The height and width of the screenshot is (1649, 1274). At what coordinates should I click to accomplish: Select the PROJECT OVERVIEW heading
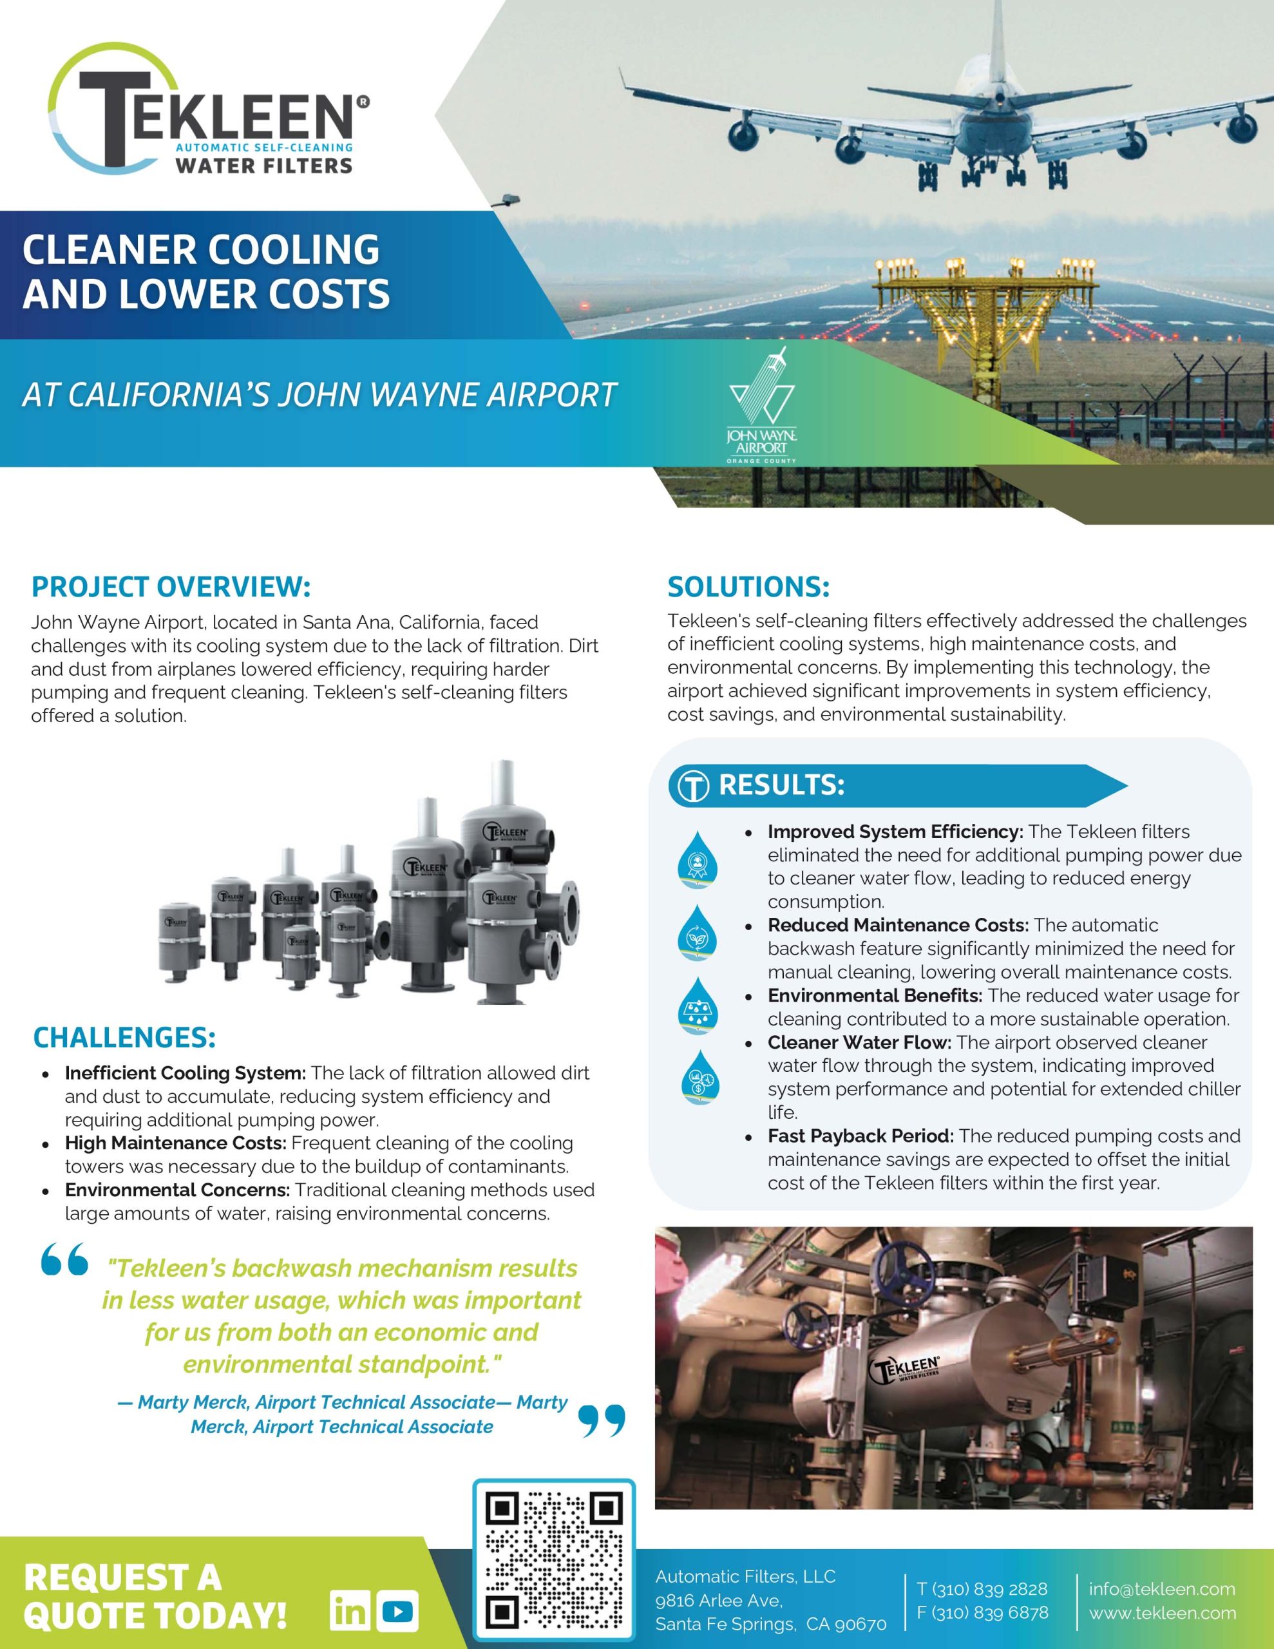[x=171, y=587]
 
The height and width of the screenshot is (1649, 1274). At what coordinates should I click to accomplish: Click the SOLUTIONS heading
[x=748, y=587]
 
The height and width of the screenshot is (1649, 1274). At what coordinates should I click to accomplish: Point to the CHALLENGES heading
[x=124, y=1038]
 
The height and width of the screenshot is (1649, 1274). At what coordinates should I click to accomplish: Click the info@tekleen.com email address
[x=1161, y=1588]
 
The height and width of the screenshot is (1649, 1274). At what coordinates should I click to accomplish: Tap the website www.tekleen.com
[x=1162, y=1614]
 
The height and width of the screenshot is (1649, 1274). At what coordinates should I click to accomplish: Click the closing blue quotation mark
[x=601, y=1420]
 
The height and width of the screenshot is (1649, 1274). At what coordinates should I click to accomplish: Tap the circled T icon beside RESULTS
[x=692, y=786]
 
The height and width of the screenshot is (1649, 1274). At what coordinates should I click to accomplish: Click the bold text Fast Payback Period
[x=860, y=1136]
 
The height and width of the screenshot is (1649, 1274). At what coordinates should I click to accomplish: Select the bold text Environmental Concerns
[x=176, y=1190]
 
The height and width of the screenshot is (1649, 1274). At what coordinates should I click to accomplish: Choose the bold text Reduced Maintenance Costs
[x=898, y=925]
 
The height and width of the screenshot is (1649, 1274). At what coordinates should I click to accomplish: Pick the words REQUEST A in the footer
[x=123, y=1578]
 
